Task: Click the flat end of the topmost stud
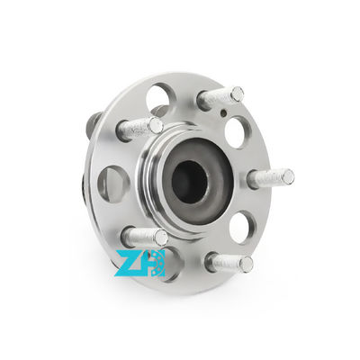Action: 237,93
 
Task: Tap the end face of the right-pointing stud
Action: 287,177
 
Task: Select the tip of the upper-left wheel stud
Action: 156,125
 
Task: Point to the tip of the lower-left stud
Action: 160,238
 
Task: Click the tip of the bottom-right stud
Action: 246,264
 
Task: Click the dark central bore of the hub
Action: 189,181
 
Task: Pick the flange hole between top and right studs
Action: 235,131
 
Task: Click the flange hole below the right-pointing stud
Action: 241,226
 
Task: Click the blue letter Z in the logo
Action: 130,264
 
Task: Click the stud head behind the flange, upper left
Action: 94,123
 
